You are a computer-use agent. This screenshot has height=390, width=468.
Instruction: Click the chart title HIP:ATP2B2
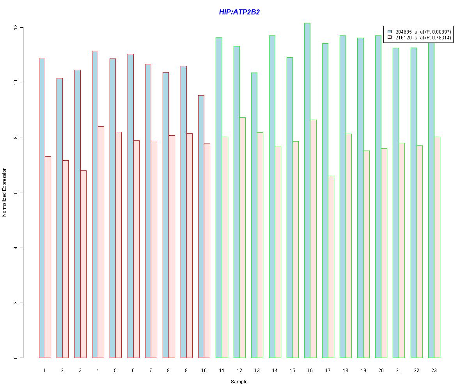pyautogui.click(x=239, y=12)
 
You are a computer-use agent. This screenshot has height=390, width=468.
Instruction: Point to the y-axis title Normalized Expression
pyautogui.click(x=4, y=192)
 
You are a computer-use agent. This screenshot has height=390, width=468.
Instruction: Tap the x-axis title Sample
pyautogui.click(x=239, y=382)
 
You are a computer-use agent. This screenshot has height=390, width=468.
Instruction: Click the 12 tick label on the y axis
pyautogui.click(x=16, y=28)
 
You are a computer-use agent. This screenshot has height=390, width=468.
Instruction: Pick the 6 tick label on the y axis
pyautogui.click(x=16, y=193)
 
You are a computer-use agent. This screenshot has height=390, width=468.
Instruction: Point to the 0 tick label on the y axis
pyautogui.click(x=16, y=358)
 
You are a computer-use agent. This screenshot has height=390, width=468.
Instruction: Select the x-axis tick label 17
pyautogui.click(x=328, y=370)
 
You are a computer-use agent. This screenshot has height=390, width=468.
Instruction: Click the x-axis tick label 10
pyautogui.click(x=204, y=370)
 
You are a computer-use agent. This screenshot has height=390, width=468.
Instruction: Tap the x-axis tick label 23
pyautogui.click(x=434, y=370)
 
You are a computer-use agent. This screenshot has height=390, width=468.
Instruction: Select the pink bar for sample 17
pyautogui.click(x=331, y=267)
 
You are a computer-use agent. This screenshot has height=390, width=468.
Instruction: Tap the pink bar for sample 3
pyautogui.click(x=83, y=264)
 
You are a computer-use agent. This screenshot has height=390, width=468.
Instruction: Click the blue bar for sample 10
pyautogui.click(x=201, y=226)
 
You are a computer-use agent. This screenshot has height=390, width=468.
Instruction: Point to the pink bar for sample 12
pyautogui.click(x=243, y=238)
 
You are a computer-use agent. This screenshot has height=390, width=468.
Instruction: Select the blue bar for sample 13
pyautogui.click(x=254, y=215)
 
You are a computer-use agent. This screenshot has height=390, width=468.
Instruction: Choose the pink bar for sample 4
pyautogui.click(x=101, y=242)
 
